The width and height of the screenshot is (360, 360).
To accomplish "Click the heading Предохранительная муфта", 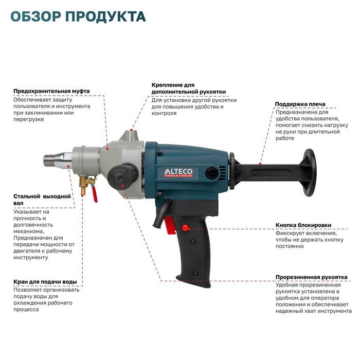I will pyautogui.click(x=51, y=91).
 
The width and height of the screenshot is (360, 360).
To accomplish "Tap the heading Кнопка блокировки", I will pyautogui.click(x=303, y=225).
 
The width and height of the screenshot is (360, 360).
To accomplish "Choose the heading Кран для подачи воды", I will pyautogui.click(x=46, y=282).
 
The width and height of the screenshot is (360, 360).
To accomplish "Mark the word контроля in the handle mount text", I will pyautogui.click(x=164, y=113).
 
